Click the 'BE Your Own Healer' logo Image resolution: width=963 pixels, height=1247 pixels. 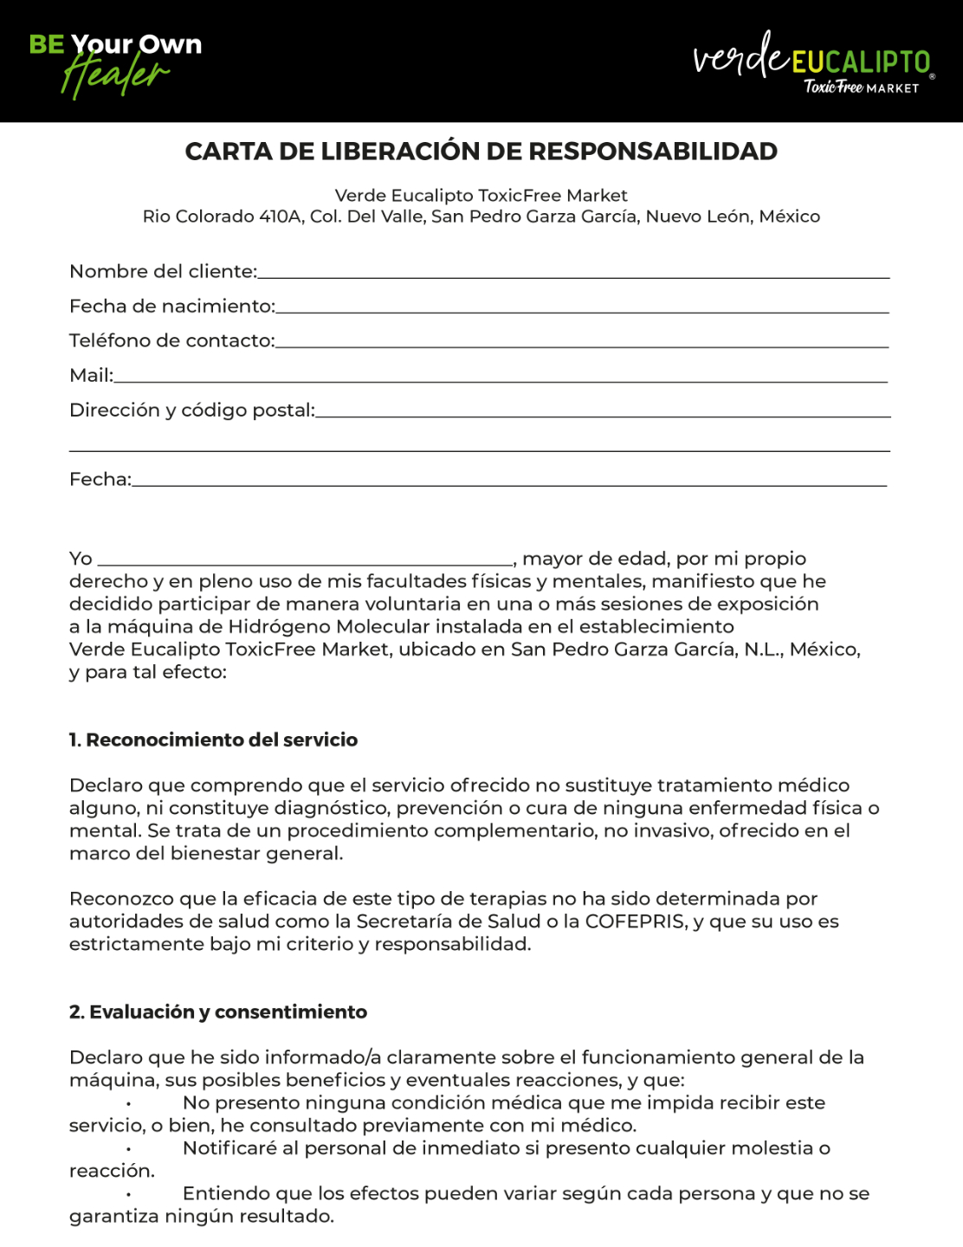[115, 62]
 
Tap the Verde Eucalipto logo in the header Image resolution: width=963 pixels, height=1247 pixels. [812, 61]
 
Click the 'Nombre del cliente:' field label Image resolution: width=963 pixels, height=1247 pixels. [163, 272]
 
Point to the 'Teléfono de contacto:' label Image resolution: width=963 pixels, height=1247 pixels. [171, 341]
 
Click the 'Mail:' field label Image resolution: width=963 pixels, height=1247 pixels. [91, 376]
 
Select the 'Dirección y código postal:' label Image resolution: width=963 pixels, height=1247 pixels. [191, 410]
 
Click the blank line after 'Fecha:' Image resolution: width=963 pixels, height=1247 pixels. [509, 482]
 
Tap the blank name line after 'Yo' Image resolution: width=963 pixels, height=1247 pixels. [305, 561]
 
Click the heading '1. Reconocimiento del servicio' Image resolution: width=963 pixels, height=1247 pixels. [213, 740]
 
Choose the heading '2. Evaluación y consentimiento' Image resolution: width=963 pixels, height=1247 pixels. [218, 1012]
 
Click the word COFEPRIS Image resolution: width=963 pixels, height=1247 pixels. [635, 921]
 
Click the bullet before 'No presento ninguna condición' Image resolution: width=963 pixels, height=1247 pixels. [128, 1103]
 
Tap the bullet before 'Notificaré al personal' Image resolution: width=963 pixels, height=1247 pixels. [128, 1148]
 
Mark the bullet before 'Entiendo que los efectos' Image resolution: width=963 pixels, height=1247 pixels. [128, 1193]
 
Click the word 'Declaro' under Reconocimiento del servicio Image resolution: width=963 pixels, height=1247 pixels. [106, 785]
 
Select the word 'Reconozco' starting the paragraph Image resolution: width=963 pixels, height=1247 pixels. [121, 899]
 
